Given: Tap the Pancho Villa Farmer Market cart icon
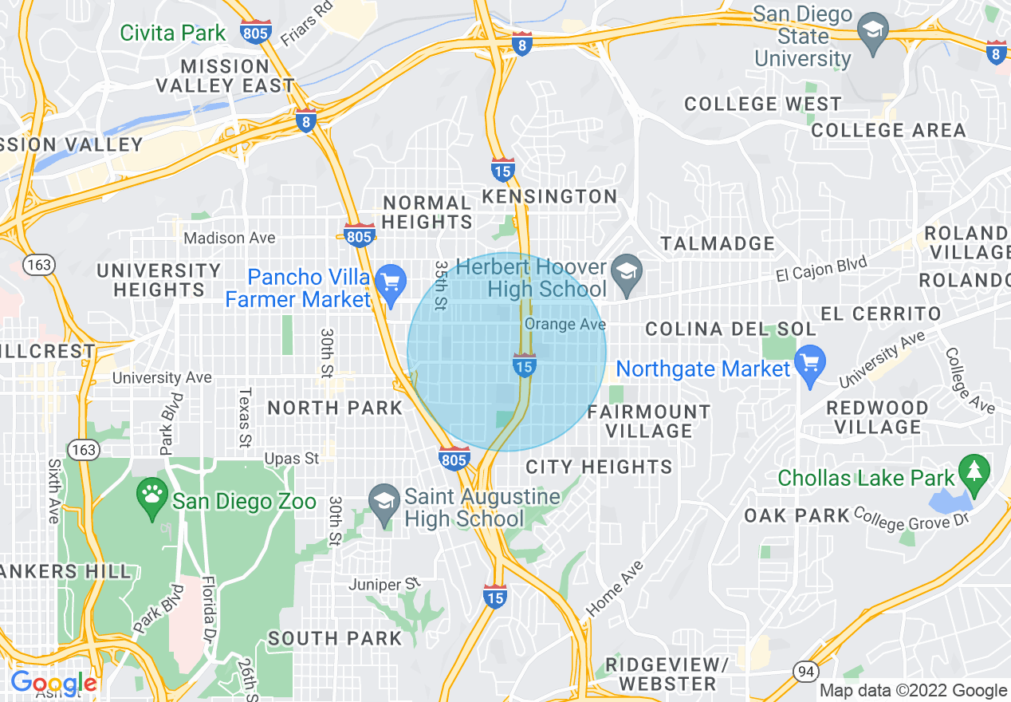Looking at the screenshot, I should coord(391,283).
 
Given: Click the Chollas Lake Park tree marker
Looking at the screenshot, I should coord(974,472).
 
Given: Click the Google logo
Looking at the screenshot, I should coord(53,684).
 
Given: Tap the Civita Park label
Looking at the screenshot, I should coord(173,34).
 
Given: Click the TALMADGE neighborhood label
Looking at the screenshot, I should coord(718,243).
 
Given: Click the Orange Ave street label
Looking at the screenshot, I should coord(565,325).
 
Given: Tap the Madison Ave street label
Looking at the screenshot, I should coord(230,238).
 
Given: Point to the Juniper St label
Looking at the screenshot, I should coord(384,585).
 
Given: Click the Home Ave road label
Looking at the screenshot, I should coord(614,589).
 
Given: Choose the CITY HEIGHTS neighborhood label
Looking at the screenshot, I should coord(599,467).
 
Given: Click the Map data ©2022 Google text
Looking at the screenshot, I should coord(913,691).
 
